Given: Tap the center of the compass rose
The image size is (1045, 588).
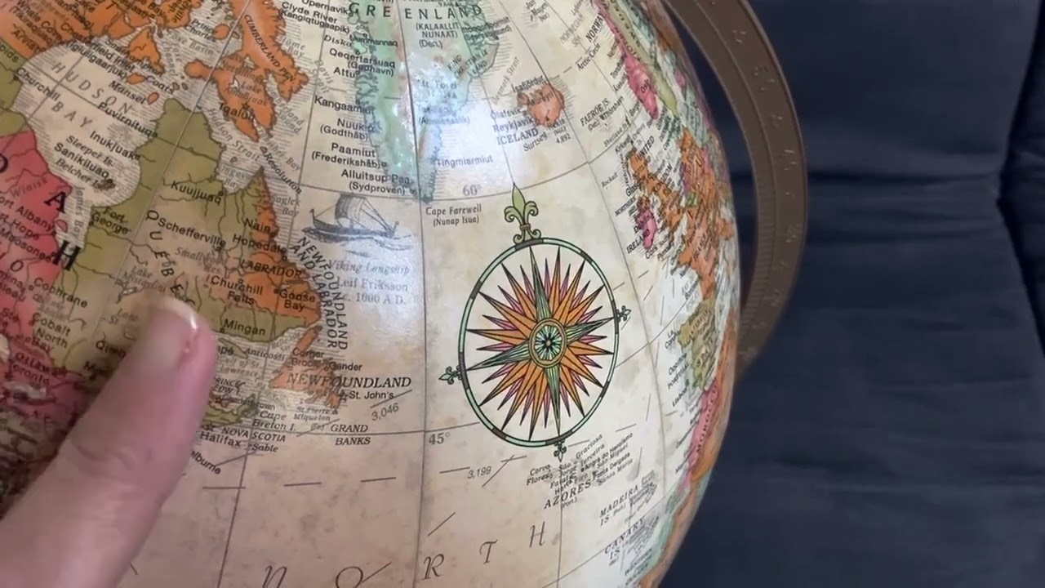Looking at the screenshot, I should click(546, 341).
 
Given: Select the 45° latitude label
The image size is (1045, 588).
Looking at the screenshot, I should click(438, 439).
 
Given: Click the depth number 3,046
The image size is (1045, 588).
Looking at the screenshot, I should click(385, 411).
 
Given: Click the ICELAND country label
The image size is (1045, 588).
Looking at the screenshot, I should click(518, 135).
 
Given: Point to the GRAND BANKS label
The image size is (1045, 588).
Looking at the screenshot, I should click(350, 434).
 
